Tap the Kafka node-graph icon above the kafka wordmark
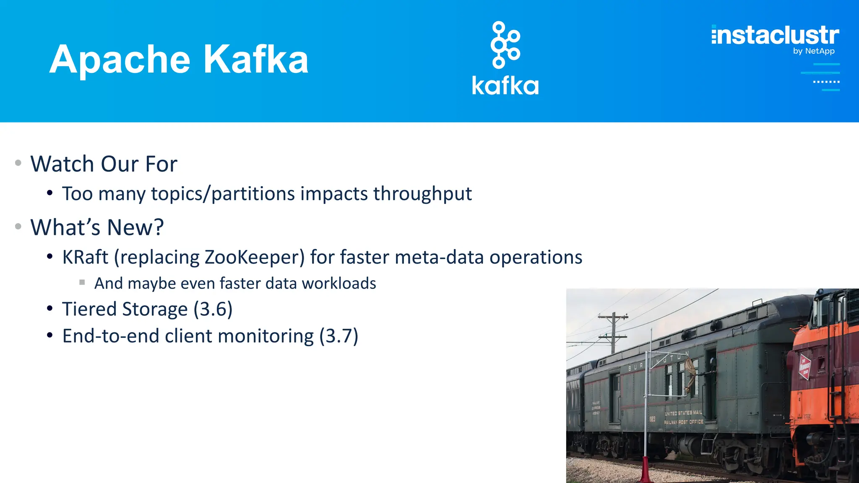pos(505,45)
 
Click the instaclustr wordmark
pos(775,35)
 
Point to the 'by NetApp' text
pos(813,51)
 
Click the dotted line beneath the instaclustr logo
pos(826,82)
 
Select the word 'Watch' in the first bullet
pos(62,164)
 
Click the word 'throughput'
pos(422,194)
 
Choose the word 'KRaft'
pos(85,257)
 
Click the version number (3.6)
pos(213,309)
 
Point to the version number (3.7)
pos(338,336)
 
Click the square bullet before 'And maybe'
pos(82,282)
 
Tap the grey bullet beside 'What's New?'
pos(18,226)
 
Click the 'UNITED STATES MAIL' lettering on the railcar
pos(683,413)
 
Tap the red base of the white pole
pos(645,470)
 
